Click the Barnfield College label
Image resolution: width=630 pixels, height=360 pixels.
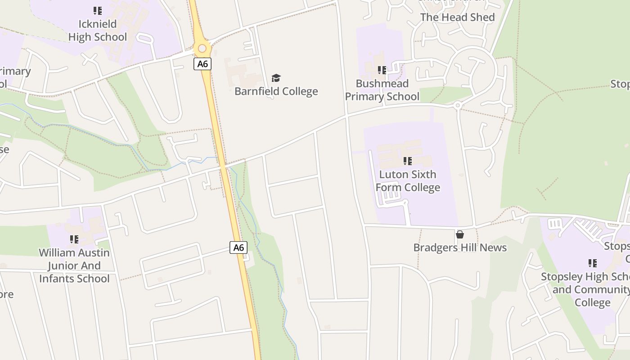pos(276,91)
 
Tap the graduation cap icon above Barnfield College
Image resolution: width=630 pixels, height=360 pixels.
pos(276,78)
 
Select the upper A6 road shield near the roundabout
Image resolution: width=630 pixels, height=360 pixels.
pos(202,63)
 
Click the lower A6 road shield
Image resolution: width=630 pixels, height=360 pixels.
pos(238,247)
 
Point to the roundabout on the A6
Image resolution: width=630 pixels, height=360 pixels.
pos(202,48)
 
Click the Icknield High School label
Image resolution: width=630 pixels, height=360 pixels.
pos(98,30)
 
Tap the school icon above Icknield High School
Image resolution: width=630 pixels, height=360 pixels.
pos(98,10)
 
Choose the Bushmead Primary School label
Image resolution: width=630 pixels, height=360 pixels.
pos(382,90)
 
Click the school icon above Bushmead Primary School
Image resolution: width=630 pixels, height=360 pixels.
pos(382,70)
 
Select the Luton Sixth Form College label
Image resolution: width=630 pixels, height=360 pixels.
pos(408,181)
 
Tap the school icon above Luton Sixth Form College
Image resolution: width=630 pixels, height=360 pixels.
pos(408,161)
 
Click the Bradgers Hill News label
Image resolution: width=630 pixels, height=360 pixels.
pos(460,247)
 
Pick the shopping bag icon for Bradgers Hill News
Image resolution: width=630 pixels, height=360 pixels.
pos(460,234)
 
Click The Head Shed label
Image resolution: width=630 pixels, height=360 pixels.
pos(457,17)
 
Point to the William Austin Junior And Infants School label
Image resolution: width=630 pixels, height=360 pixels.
pos(74,265)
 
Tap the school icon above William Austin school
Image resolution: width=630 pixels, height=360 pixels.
pos(74,239)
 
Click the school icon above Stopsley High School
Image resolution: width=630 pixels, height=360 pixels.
pos(593,263)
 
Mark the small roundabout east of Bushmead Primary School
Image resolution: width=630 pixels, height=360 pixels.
pos(458,105)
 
